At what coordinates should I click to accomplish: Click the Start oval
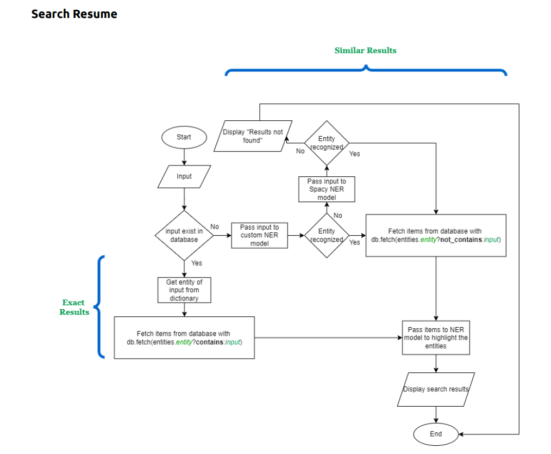[x=184, y=137]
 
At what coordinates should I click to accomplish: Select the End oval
[x=436, y=434]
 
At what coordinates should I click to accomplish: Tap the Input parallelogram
[x=184, y=177]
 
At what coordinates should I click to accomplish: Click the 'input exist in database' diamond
[x=184, y=235]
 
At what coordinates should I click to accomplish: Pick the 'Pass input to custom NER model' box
[x=259, y=235]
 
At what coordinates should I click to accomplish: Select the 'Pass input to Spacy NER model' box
[x=327, y=189]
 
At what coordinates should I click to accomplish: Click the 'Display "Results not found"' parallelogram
[x=253, y=136]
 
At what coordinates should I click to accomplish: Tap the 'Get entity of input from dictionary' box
[x=184, y=290]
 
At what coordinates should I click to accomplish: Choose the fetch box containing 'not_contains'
[x=436, y=235]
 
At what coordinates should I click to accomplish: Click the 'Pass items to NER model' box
[x=436, y=338]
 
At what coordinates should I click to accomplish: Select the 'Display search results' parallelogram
[x=436, y=389]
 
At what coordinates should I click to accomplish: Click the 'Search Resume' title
[x=74, y=14]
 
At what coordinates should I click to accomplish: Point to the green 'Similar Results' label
[x=365, y=51]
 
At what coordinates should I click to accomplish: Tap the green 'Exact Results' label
[x=74, y=307]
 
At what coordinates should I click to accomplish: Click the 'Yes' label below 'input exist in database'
[x=196, y=263]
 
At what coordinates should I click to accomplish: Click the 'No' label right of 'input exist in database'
[x=215, y=227]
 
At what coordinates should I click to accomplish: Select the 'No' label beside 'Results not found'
[x=300, y=151]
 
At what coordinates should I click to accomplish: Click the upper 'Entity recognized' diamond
[x=327, y=143]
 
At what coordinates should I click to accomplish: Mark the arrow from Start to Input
[x=184, y=156]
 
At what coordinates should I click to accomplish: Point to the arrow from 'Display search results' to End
[x=436, y=415]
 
